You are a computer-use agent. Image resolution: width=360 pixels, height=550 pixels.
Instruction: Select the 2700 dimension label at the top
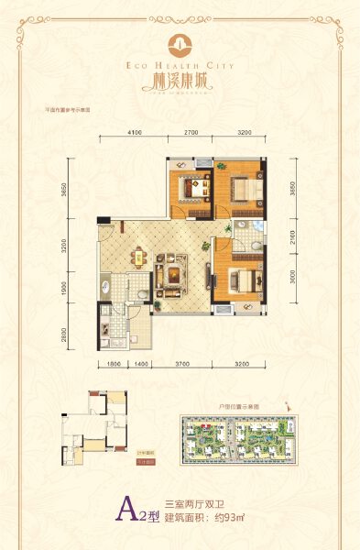pyautogui.click(x=191, y=134)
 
